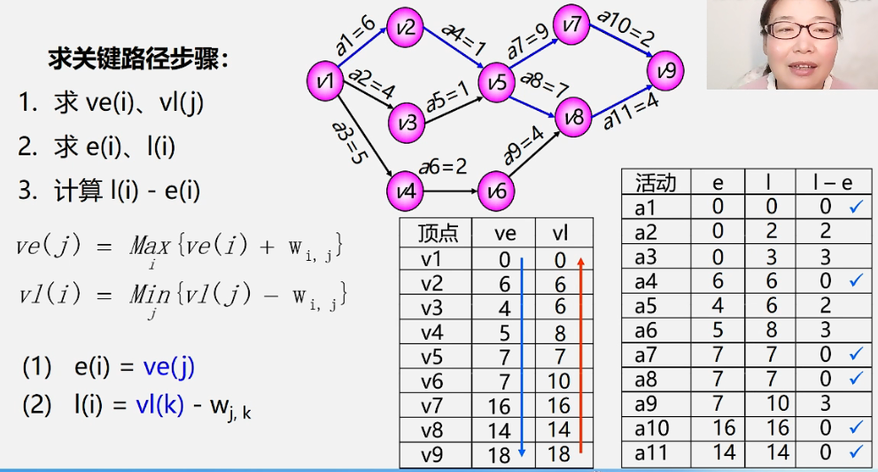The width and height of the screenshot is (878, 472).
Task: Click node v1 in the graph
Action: click(326, 83)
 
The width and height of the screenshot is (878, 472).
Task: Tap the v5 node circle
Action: click(498, 83)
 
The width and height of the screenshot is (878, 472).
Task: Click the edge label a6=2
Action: click(443, 166)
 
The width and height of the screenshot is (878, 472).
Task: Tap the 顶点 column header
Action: click(438, 233)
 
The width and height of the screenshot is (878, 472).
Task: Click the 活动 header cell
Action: click(656, 183)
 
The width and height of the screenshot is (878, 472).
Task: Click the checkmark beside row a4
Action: click(855, 280)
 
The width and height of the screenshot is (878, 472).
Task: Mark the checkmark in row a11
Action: click(855, 453)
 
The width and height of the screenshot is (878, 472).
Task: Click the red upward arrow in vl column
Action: click(580, 355)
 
